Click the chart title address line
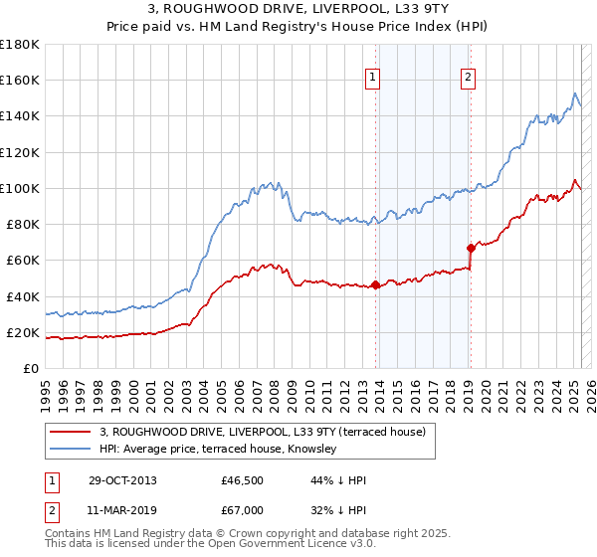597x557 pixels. (x=298, y=9)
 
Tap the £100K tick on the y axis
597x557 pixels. (x=19, y=188)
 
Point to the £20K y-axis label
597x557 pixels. (x=22, y=332)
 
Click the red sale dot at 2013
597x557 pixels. (x=375, y=285)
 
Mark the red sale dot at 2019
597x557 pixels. (x=470, y=248)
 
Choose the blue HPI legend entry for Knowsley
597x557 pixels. (x=218, y=449)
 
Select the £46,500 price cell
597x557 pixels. (x=243, y=480)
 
